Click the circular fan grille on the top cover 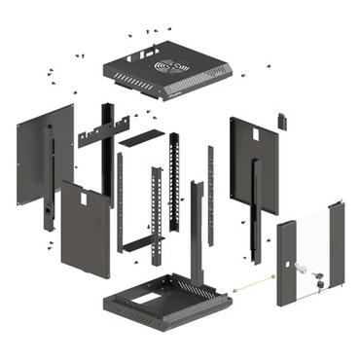click(171, 69)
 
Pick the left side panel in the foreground click(86, 229)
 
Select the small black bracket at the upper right click(282, 121)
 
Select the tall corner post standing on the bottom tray click(197, 234)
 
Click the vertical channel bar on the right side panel click(256, 209)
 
